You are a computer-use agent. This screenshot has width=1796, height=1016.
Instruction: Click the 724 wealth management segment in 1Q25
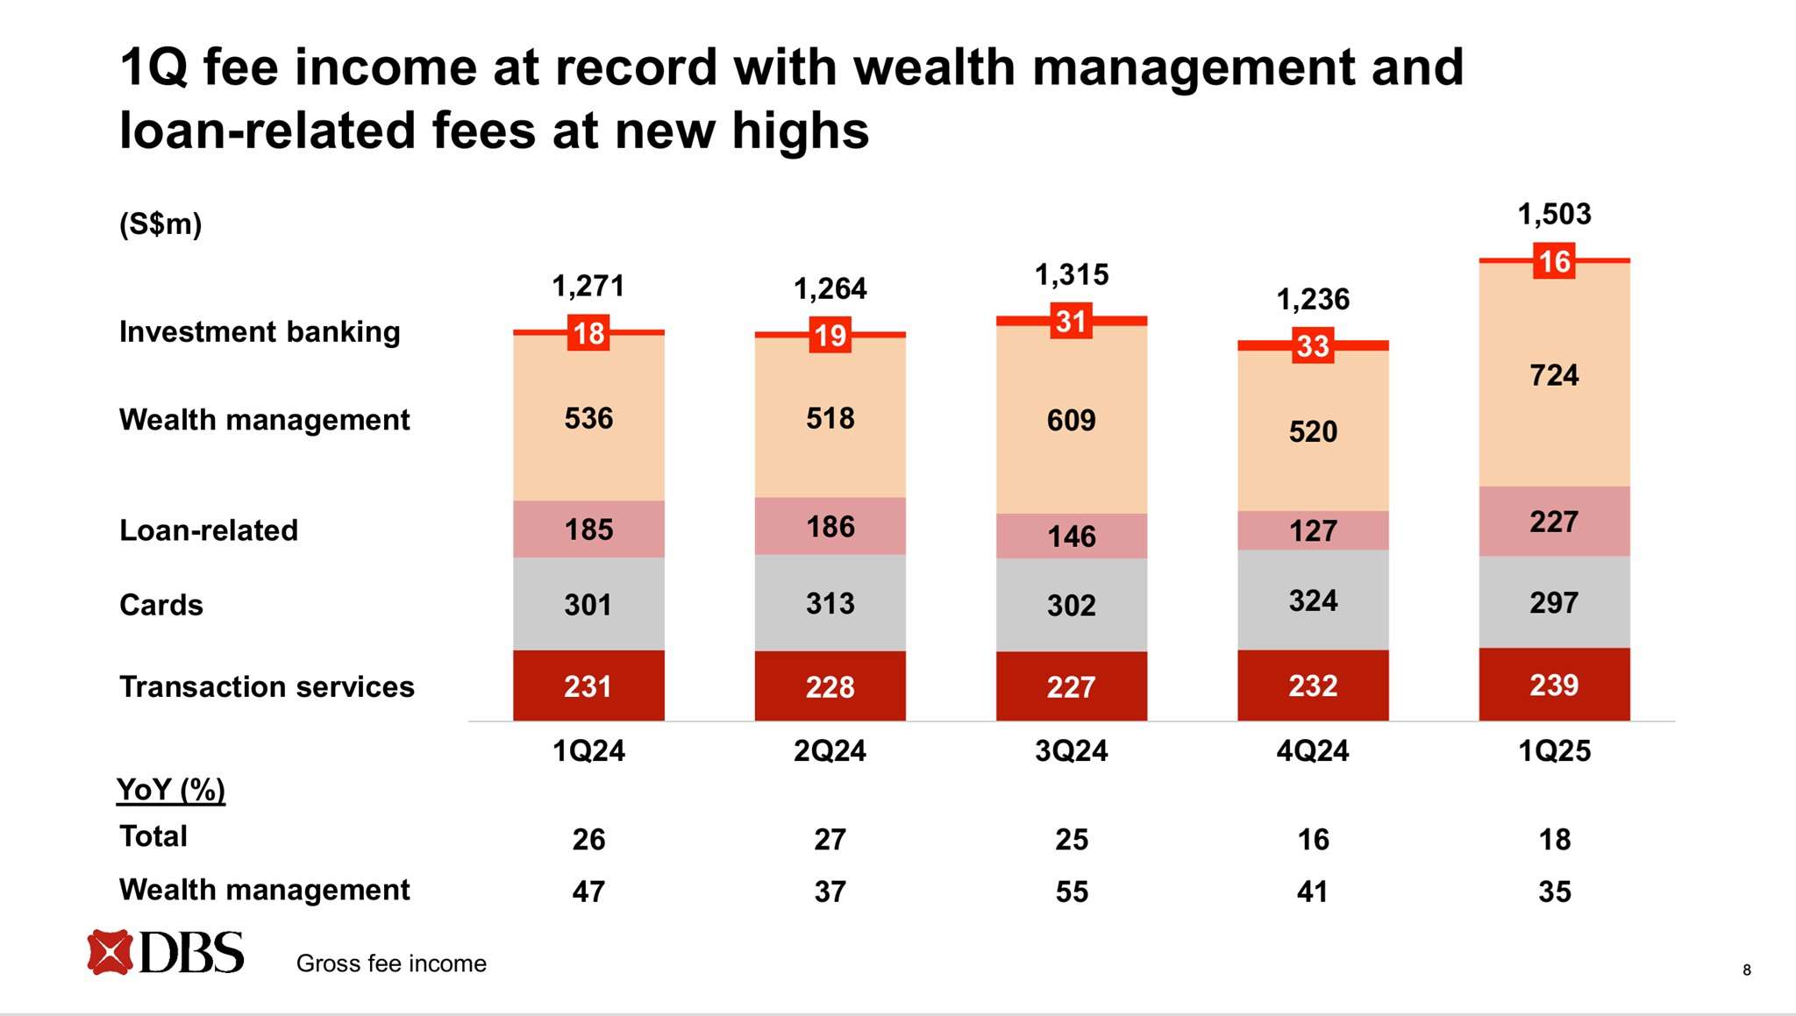tap(1553, 375)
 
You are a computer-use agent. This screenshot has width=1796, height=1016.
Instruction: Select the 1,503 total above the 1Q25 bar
tap(1553, 214)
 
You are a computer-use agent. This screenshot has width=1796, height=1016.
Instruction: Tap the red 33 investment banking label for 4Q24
tap(1312, 345)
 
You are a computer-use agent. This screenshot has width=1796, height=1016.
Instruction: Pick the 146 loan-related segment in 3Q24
tap(1071, 536)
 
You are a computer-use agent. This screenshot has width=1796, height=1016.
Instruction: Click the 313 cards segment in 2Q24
tap(830, 603)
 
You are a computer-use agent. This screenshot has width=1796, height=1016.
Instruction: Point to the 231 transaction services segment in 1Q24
tap(588, 686)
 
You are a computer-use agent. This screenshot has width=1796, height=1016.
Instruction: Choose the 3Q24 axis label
tap(1071, 750)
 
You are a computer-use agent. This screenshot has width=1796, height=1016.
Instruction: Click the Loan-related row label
tap(209, 530)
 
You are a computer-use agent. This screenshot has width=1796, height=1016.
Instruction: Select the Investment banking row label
tap(260, 331)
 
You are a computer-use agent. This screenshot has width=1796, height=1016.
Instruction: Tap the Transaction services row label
tap(267, 686)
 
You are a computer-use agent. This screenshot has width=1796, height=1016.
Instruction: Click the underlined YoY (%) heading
tap(171, 790)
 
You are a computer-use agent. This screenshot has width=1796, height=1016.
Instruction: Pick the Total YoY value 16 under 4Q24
tap(1312, 839)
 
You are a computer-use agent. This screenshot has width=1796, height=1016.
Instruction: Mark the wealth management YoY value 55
tap(1071, 892)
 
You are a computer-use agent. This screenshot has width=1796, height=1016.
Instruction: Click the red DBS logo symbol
tap(110, 952)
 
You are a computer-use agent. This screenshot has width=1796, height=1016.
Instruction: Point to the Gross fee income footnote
tap(391, 963)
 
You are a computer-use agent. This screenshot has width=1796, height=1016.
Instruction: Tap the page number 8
tap(1746, 970)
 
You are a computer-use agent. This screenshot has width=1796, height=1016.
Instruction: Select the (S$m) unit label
tap(160, 224)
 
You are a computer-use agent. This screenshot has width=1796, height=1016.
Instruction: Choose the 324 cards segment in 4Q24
tap(1312, 600)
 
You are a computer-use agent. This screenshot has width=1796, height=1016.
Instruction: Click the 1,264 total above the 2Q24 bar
tap(830, 288)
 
